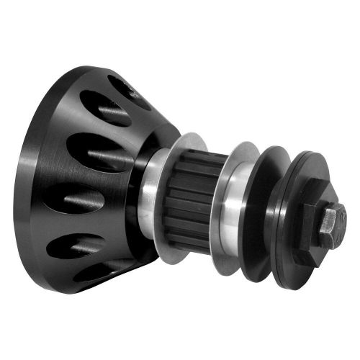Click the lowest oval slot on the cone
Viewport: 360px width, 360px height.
[101, 274]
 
